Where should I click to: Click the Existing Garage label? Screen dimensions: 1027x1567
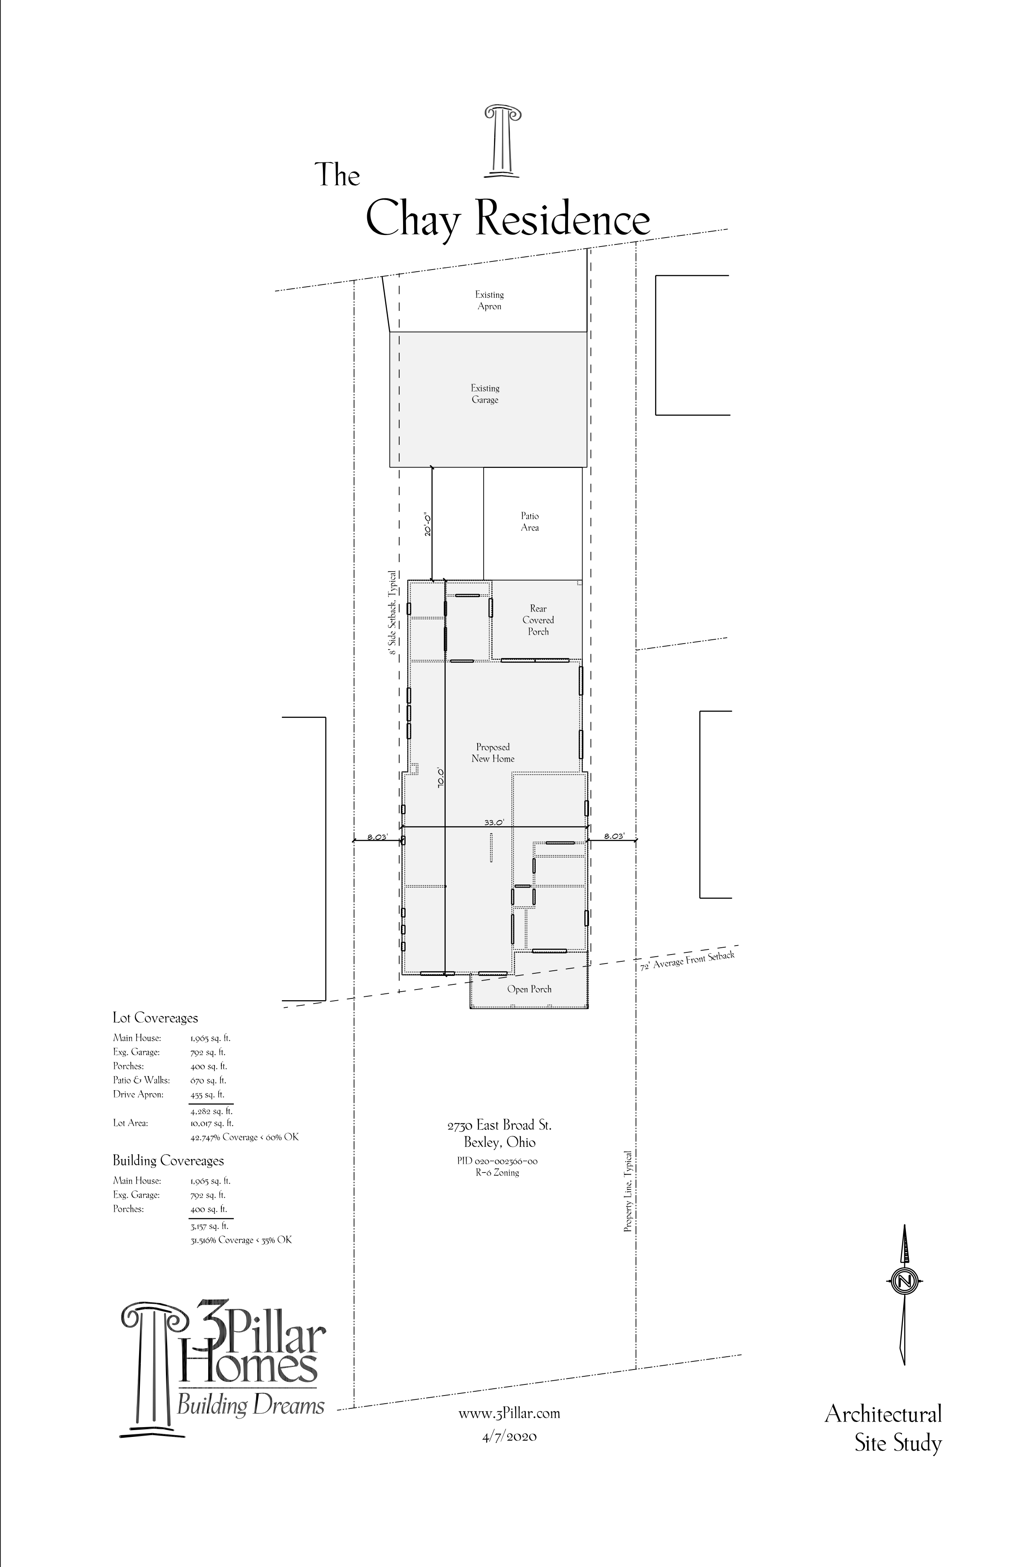point(485,394)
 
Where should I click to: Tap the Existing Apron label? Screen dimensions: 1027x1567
point(489,300)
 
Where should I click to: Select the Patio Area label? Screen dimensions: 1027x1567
point(530,522)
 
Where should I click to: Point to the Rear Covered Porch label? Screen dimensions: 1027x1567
point(539,620)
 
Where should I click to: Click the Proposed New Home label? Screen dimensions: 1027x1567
point(493,752)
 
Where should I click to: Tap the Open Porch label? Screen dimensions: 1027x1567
point(529,989)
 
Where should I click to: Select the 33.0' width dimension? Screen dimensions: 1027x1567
point(494,822)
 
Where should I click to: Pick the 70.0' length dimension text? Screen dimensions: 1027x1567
point(441,778)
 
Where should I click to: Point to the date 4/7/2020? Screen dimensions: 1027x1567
point(509,1436)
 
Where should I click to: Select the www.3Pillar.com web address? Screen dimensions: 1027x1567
point(509,1413)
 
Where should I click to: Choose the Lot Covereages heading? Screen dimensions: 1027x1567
point(155,1018)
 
